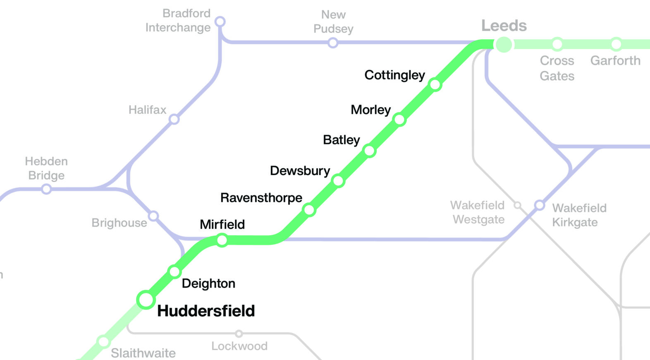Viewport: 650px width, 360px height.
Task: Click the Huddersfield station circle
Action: [146, 300]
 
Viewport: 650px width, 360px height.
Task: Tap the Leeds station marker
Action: [504, 44]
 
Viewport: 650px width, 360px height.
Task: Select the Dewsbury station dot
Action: [338, 181]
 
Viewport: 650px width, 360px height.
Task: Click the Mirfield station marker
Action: [222, 240]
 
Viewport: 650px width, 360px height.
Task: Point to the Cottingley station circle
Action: [435, 84]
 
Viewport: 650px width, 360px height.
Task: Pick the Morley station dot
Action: [399, 120]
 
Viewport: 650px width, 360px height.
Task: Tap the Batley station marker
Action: [369, 151]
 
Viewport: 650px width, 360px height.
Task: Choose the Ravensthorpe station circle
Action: [309, 210]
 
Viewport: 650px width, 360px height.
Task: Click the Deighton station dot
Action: [174, 272]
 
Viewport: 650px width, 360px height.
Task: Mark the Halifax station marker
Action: [174, 119]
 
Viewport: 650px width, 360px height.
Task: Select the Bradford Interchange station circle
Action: [220, 21]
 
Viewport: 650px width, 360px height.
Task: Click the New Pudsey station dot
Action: [333, 43]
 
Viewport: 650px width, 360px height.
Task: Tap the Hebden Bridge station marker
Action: [47, 189]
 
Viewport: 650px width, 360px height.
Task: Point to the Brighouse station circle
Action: [153, 216]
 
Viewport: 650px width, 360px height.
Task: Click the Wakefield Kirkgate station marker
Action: [539, 205]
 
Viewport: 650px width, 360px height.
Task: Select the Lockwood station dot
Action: [239, 334]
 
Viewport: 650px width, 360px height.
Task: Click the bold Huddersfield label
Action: [206, 311]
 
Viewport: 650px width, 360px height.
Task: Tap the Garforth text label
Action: [615, 61]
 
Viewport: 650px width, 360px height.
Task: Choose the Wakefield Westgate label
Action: [478, 212]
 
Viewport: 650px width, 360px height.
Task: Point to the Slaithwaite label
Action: [143, 353]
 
